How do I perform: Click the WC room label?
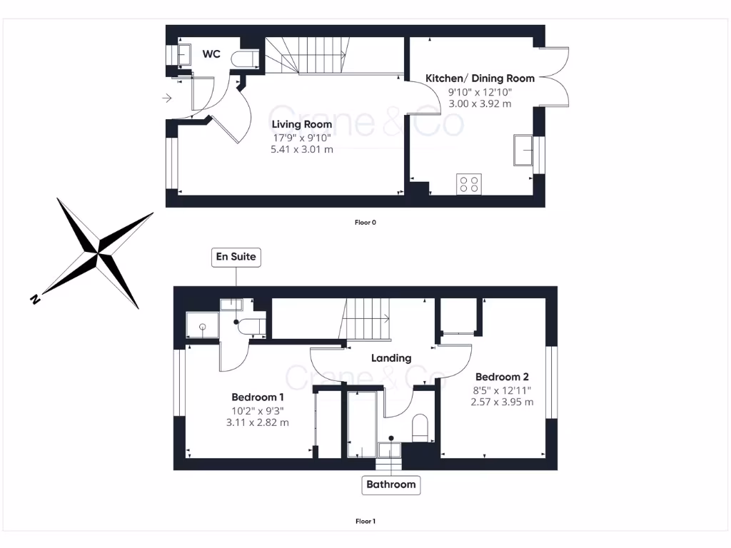211,54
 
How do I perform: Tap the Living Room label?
301,124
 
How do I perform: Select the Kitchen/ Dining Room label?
480,78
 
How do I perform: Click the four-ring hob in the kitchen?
469,184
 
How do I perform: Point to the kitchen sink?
523,150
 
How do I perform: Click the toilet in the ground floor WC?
248,59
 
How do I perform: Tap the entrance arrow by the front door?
167,98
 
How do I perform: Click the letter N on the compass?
34,300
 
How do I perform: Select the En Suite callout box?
236,257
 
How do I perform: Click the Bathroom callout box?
390,484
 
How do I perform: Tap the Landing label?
391,358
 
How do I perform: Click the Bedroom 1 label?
258,397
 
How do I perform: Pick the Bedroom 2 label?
502,377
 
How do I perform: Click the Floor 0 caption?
365,223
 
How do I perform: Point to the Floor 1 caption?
365,522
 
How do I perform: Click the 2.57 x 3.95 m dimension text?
502,402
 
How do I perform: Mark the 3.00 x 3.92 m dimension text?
480,103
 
